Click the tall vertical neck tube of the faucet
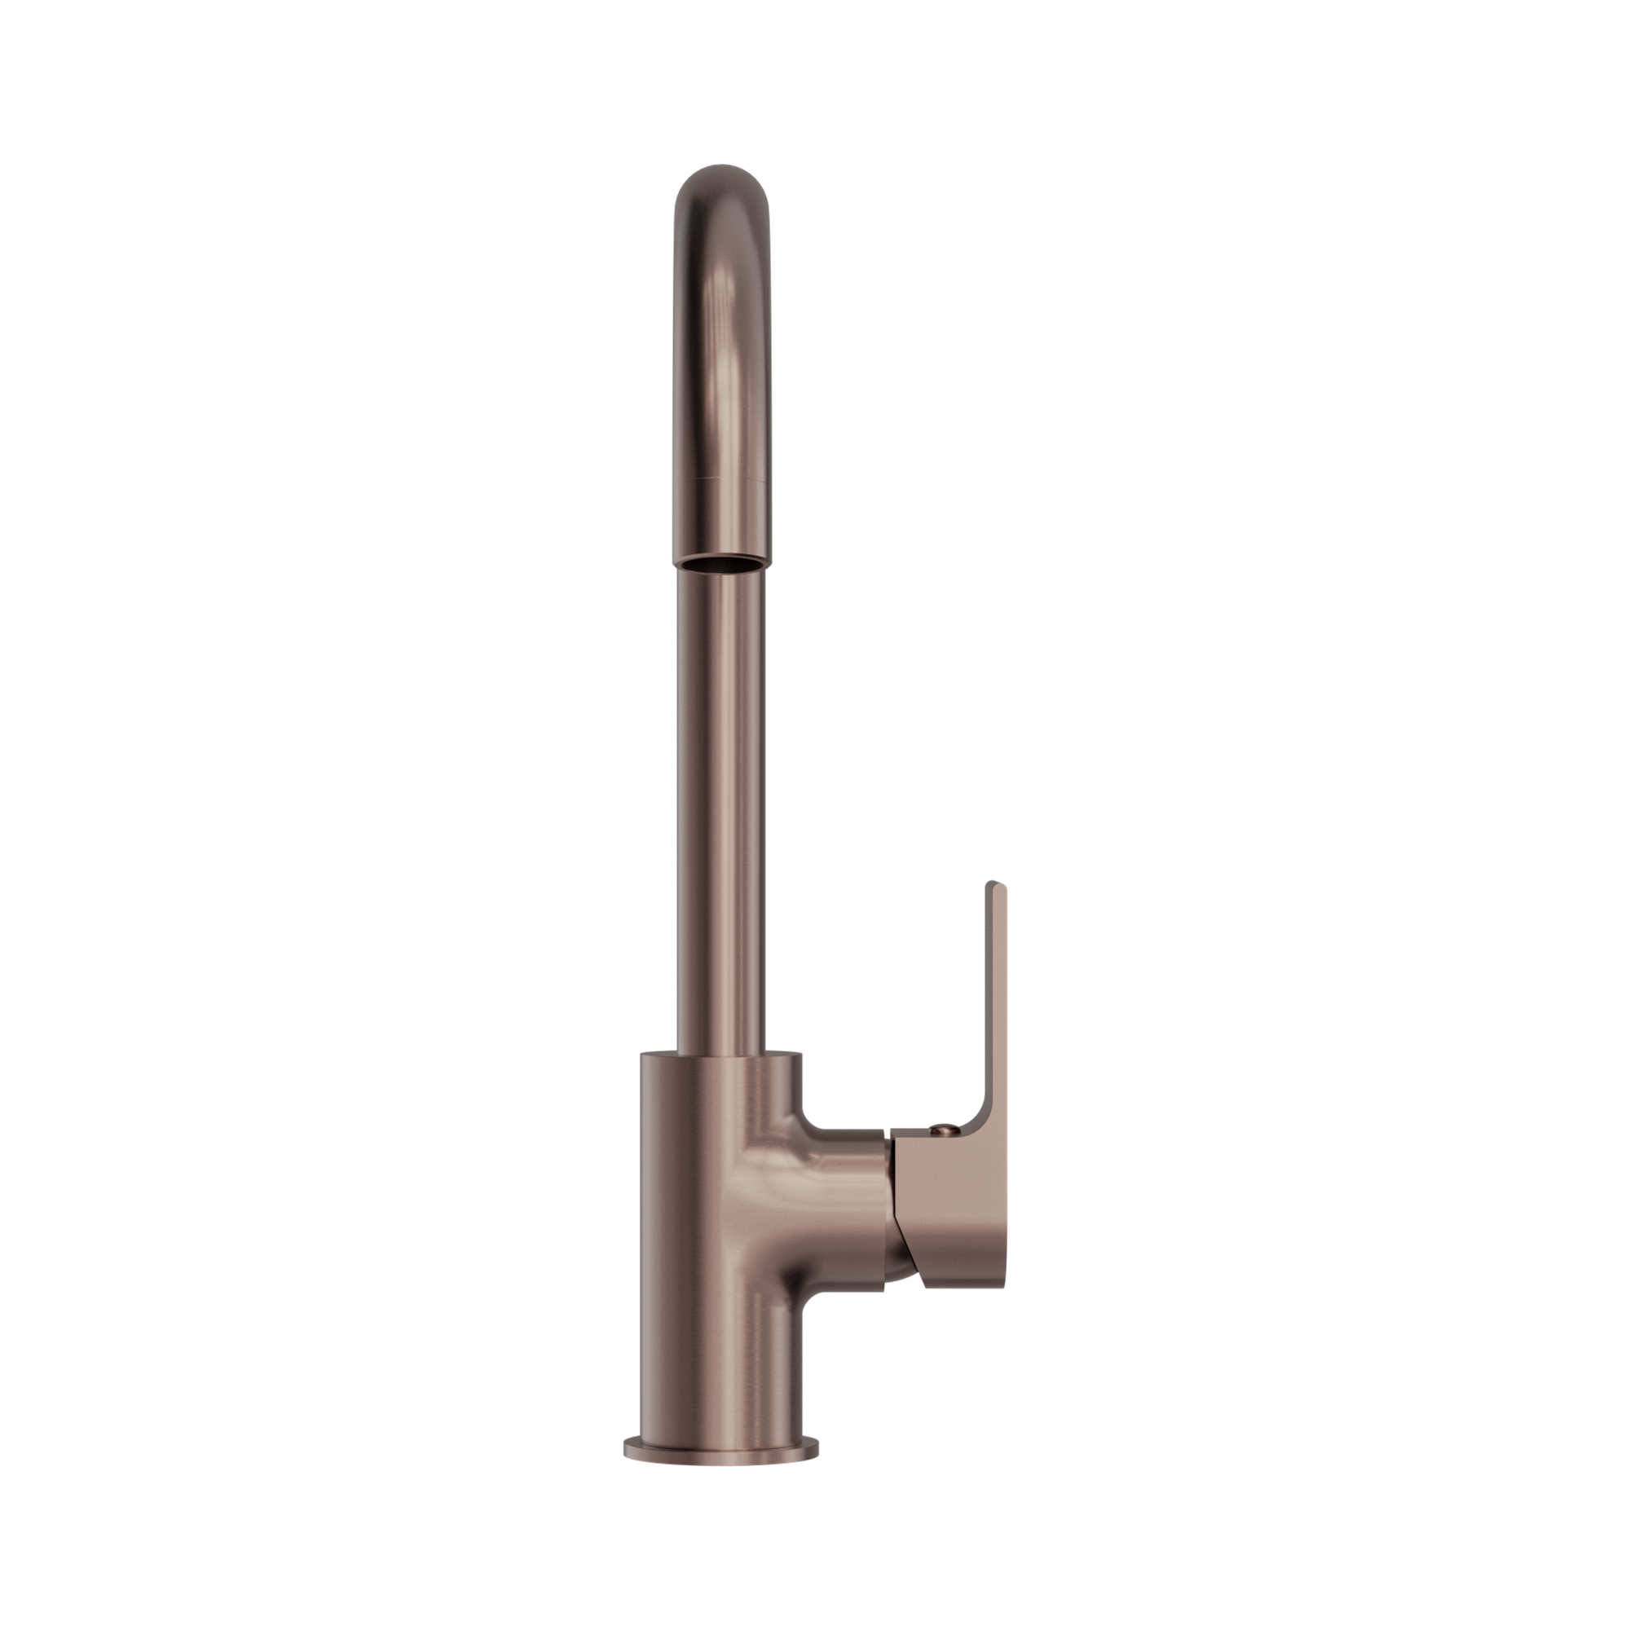coord(722,801)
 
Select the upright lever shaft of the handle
coord(996,996)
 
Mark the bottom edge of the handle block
coord(962,1310)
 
